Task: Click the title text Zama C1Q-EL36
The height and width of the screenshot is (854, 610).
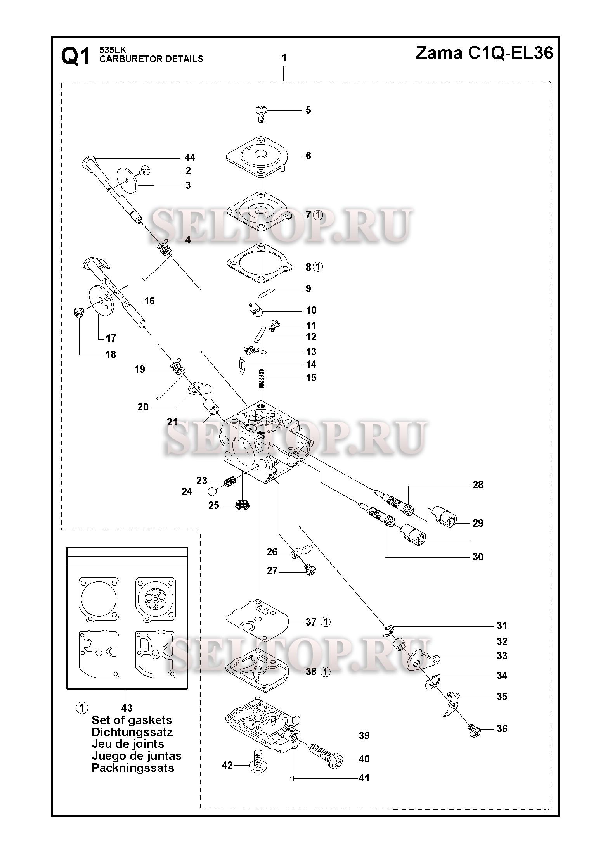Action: point(484,53)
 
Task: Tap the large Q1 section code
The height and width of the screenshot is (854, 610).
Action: point(76,56)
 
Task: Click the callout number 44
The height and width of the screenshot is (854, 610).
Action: point(190,157)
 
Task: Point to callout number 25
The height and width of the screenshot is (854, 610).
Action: point(214,506)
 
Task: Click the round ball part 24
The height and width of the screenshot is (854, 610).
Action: point(212,492)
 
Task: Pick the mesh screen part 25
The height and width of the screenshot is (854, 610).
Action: point(243,505)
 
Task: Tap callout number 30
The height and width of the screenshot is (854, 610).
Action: point(478,557)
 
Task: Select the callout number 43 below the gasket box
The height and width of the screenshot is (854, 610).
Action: point(127,708)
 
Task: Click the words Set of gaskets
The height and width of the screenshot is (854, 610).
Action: point(132,720)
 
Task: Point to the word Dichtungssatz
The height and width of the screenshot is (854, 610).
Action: point(132,732)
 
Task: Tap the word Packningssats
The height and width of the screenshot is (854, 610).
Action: point(133,768)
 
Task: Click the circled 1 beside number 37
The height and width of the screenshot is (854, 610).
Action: point(326,622)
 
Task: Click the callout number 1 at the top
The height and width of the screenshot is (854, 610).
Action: point(284,58)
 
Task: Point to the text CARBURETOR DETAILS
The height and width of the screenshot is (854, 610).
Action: point(151,59)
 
